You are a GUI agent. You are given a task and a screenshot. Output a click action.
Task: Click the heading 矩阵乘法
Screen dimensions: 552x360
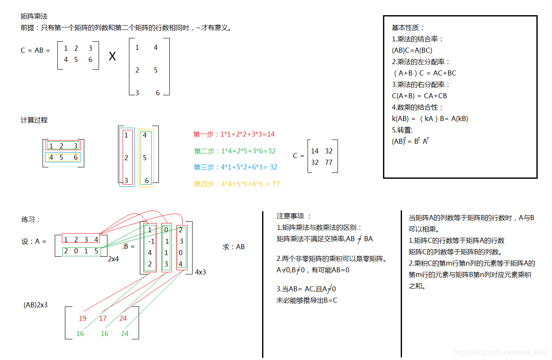tap(34, 16)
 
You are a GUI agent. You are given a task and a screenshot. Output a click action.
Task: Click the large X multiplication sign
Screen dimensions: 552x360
tap(112, 56)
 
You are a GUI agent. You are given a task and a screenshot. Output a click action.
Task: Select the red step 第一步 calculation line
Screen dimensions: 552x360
tap(234, 134)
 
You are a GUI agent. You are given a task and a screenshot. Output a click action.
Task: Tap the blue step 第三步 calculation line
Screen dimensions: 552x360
tap(236, 167)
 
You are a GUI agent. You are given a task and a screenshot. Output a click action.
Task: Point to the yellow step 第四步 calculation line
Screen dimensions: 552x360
tap(236, 184)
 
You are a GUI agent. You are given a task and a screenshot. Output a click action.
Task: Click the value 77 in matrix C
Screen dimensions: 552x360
tap(329, 162)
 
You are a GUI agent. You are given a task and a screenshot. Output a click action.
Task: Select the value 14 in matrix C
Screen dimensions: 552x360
tap(315, 151)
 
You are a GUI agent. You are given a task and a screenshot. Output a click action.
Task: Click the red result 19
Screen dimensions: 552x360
tap(83, 318)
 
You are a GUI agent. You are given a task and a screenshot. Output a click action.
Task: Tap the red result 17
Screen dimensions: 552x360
tap(103, 318)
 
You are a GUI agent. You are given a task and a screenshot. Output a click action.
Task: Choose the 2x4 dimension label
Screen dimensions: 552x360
tap(113, 259)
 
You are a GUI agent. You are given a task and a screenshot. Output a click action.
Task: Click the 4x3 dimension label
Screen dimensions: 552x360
tap(201, 272)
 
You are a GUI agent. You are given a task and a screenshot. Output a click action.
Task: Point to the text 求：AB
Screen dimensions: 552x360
tap(233, 247)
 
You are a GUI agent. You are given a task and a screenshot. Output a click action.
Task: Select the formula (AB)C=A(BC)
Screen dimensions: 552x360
tap(412, 50)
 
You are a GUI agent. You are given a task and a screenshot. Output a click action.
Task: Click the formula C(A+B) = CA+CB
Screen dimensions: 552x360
tap(419, 96)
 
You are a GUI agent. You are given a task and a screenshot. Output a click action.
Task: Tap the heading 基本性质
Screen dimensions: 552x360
tap(408, 27)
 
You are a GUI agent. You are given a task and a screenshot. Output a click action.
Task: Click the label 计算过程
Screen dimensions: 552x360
tap(34, 120)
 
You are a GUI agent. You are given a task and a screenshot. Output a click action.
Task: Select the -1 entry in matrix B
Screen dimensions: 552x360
tap(151, 242)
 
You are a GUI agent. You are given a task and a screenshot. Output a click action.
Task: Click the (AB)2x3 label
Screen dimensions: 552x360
tap(35, 304)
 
